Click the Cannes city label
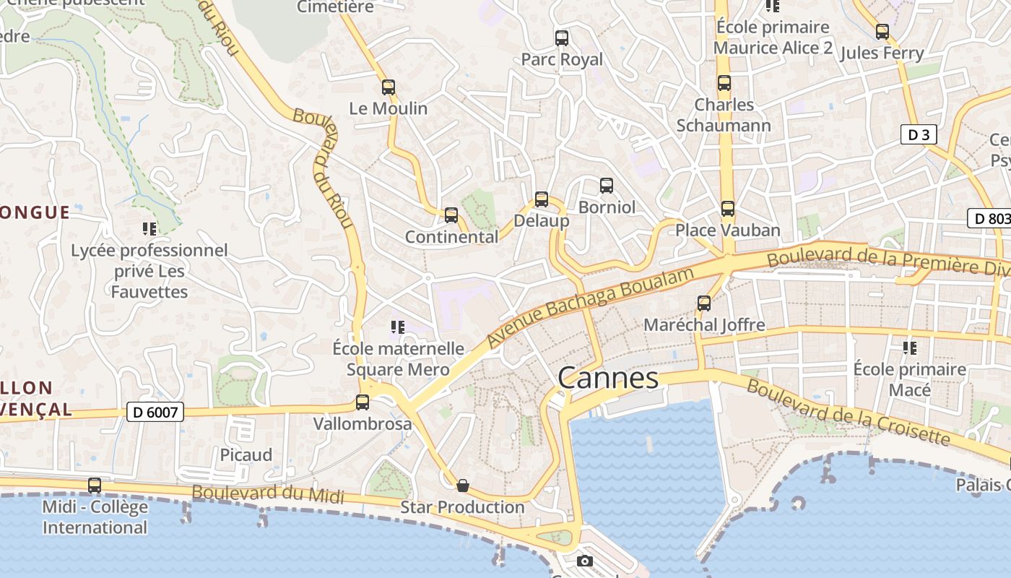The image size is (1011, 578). (x=608, y=378)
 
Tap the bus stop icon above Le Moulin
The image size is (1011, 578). (x=389, y=87)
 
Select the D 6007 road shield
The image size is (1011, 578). (x=155, y=412)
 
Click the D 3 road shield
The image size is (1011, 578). (x=919, y=134)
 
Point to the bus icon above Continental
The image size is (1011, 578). (x=451, y=215)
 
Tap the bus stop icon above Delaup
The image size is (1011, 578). (x=542, y=199)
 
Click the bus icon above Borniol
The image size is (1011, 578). (x=607, y=186)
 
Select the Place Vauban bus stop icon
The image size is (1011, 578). (x=727, y=209)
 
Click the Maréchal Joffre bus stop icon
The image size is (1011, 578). (x=704, y=303)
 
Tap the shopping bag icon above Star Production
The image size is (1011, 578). (x=463, y=486)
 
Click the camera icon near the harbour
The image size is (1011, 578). (x=585, y=561)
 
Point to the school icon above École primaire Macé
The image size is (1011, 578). (x=909, y=348)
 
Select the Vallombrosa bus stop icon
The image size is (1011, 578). (x=363, y=402)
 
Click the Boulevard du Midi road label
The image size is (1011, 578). (x=268, y=495)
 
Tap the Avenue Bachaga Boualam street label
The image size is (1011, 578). (x=590, y=306)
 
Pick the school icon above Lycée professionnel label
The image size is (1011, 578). (x=149, y=230)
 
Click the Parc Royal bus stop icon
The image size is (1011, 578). (x=561, y=38)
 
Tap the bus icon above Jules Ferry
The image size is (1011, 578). (x=882, y=32)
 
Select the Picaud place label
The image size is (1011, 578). (x=246, y=455)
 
